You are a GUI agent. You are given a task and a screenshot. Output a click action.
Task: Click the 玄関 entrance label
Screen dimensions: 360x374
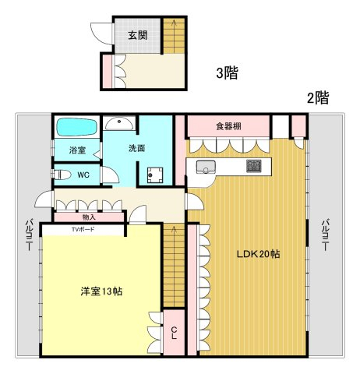click(x=138, y=36)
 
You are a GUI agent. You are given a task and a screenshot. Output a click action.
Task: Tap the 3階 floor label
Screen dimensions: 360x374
click(x=228, y=73)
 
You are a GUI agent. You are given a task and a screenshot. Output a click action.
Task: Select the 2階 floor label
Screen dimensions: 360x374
click(x=318, y=98)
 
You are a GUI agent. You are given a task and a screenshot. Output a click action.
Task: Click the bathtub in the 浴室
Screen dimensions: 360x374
click(x=76, y=127)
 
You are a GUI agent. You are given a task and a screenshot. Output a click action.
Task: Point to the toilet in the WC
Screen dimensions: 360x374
click(x=62, y=175)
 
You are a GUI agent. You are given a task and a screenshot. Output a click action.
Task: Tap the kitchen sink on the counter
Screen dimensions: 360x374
click(x=206, y=167)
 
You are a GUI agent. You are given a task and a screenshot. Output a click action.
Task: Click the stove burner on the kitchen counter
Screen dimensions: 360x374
click(x=253, y=166)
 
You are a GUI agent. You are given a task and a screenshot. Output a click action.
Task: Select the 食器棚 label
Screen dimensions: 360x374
click(x=228, y=126)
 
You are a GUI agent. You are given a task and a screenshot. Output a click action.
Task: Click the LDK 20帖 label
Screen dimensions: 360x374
click(x=258, y=254)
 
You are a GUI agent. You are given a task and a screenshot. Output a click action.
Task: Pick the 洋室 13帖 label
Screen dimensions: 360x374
click(x=101, y=291)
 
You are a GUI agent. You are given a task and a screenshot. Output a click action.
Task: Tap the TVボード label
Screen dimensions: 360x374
click(x=83, y=229)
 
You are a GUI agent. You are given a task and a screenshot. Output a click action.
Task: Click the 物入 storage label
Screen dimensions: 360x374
click(x=89, y=217)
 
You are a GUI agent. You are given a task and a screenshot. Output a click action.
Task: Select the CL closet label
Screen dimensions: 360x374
click(x=174, y=333)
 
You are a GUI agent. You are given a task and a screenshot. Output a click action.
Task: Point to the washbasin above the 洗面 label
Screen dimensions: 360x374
click(x=119, y=124)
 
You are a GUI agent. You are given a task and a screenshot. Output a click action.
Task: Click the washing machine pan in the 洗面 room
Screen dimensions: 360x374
click(x=155, y=175)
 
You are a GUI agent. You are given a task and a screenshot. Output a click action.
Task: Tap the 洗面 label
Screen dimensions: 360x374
click(x=137, y=148)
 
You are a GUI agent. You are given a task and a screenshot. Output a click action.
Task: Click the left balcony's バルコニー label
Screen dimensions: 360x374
click(x=29, y=235)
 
